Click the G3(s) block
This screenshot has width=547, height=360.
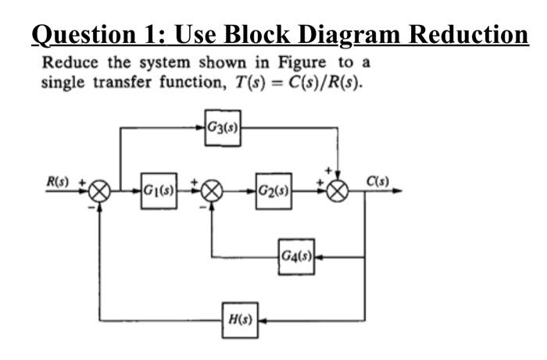click(222, 126)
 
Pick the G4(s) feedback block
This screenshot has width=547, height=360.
click(296, 255)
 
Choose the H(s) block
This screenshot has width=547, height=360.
click(239, 320)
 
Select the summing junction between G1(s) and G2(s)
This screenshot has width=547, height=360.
click(212, 191)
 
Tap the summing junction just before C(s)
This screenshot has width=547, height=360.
click(338, 191)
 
